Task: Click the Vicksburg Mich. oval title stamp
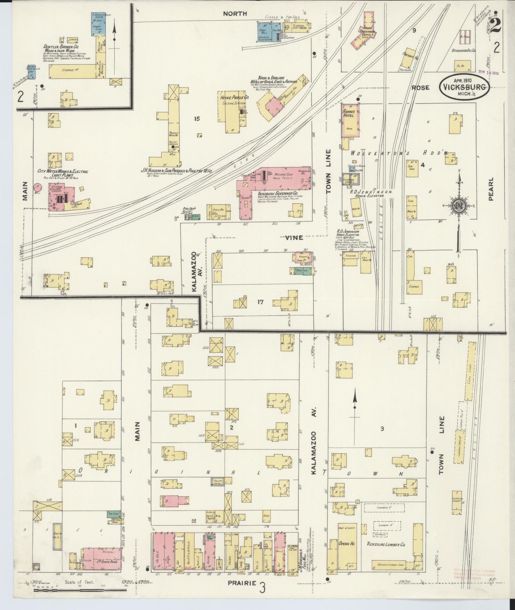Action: pyautogui.click(x=464, y=87)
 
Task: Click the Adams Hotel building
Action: pyautogui.click(x=351, y=121)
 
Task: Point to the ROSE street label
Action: pyautogui.click(x=420, y=87)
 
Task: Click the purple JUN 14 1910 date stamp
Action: pyautogui.click(x=488, y=73)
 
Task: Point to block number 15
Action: pyautogui.click(x=197, y=119)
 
